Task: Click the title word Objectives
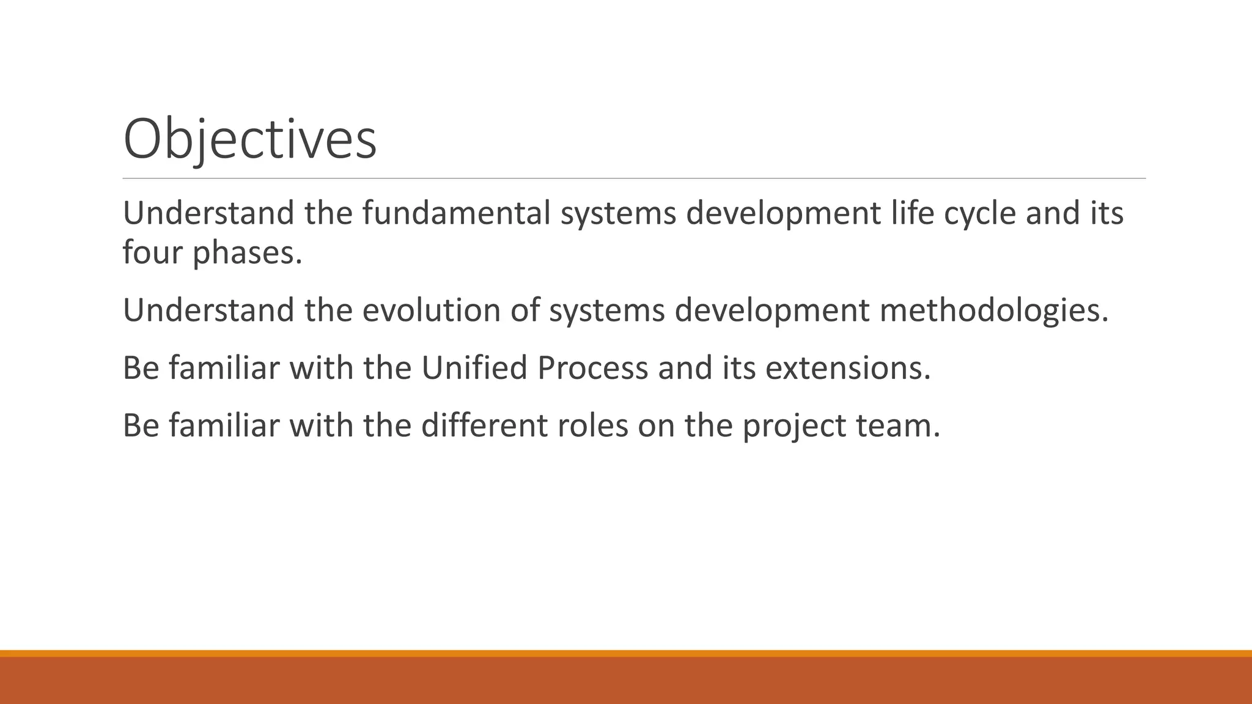pos(249,141)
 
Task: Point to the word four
pos(152,252)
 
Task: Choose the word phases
pos(248,253)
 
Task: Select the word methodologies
pos(993,311)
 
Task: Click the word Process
pos(592,368)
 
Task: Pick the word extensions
pos(847,368)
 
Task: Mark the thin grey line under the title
pos(634,178)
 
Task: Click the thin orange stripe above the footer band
pos(626,653)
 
